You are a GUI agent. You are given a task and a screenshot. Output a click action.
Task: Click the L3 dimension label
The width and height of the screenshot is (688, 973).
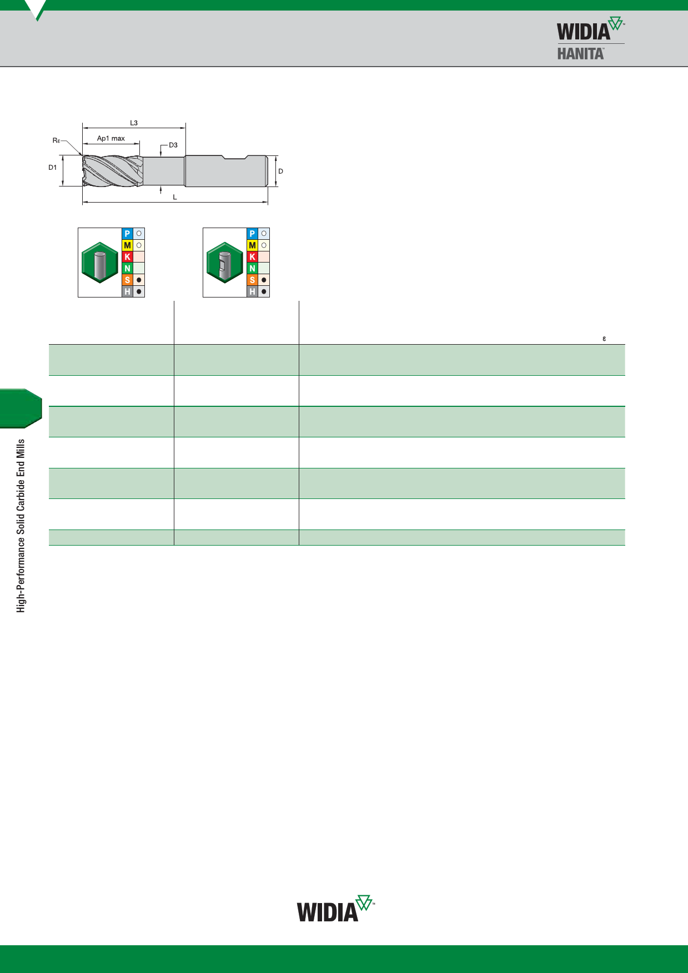click(134, 123)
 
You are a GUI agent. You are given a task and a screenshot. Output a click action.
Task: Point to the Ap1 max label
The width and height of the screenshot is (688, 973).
click(111, 138)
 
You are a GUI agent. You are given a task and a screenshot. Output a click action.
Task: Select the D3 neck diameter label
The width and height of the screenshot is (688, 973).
click(173, 145)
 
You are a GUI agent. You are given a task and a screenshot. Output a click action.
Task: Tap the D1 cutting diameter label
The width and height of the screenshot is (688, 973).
click(53, 167)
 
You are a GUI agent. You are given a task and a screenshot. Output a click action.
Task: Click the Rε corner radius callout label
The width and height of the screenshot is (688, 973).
click(56, 140)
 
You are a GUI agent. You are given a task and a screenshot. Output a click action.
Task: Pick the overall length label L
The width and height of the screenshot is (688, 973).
click(175, 197)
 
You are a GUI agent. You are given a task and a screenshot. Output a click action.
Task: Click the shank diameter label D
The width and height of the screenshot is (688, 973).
click(281, 171)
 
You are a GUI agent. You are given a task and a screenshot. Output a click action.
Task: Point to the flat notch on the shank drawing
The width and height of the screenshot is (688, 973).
click(234, 158)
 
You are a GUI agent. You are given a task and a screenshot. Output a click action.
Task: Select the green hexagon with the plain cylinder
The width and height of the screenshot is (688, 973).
click(100, 263)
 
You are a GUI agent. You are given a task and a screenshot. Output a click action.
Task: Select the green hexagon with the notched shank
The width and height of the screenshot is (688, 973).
click(225, 263)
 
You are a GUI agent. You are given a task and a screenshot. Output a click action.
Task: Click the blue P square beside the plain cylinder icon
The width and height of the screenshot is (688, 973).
click(127, 234)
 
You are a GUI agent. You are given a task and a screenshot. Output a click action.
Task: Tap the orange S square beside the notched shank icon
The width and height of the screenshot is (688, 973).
click(252, 280)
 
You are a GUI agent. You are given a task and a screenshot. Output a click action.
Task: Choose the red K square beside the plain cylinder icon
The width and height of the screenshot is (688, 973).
click(127, 256)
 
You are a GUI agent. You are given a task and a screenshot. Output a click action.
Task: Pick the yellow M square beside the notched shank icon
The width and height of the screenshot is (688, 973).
click(252, 245)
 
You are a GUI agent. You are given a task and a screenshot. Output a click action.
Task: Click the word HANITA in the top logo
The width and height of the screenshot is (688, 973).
click(581, 53)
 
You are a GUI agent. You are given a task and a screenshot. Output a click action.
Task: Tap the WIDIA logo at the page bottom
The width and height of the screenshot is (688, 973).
click(335, 909)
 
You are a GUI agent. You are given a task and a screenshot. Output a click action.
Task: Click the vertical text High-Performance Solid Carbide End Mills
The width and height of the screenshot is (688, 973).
click(21, 526)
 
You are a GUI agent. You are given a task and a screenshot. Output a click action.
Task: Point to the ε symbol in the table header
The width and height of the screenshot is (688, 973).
click(604, 339)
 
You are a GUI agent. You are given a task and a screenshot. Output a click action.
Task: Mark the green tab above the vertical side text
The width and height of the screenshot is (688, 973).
click(21, 409)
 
